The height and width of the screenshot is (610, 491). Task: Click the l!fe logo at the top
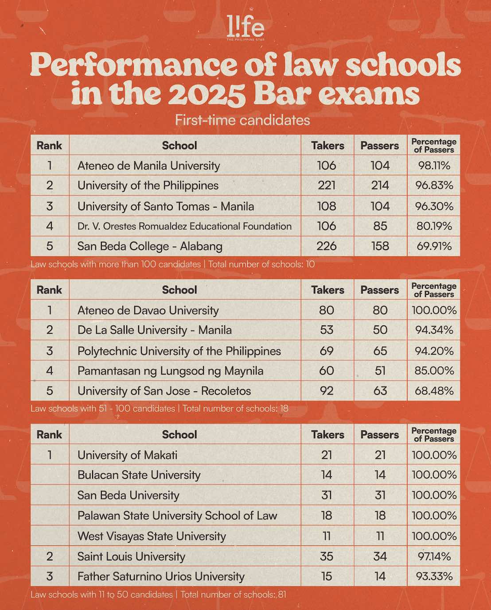[x=245, y=27]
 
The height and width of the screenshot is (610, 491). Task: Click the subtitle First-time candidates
[x=242, y=120]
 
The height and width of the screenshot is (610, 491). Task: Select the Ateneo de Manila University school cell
[x=148, y=166]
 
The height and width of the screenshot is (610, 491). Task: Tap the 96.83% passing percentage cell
[x=434, y=185]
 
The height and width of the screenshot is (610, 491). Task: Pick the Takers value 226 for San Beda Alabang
[x=327, y=246]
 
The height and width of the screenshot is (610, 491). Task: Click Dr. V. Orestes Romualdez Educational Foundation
[x=184, y=226]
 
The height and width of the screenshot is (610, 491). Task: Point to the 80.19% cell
[x=434, y=226]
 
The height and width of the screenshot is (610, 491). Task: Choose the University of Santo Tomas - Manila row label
[x=166, y=206]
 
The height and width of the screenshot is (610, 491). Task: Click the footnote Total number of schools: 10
[x=261, y=264]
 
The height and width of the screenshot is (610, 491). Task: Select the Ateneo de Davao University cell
[x=148, y=310]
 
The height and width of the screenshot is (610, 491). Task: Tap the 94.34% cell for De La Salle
[x=434, y=330]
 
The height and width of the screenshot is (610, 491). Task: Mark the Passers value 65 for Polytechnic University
[x=380, y=351]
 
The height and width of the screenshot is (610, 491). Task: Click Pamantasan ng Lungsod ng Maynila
[x=170, y=371]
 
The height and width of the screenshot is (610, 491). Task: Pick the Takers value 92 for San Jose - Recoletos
[x=327, y=391]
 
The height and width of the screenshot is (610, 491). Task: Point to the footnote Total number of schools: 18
[x=235, y=408]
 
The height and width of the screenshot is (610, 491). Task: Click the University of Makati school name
[x=127, y=455]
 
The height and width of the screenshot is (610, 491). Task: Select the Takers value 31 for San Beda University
[x=327, y=495]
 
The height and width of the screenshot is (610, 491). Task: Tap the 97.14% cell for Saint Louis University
[x=434, y=556]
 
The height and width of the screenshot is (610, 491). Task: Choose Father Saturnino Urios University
[x=161, y=576]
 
